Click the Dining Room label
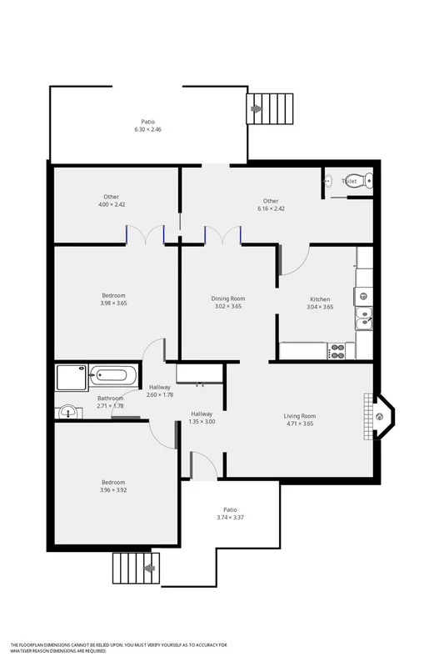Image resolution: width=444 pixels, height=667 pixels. (x=227, y=298)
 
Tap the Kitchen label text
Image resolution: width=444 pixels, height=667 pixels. (x=320, y=298)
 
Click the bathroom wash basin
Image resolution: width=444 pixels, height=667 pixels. (x=67, y=411)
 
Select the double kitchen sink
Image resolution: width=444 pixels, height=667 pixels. (x=363, y=317)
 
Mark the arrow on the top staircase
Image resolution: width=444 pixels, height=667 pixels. (x=257, y=108)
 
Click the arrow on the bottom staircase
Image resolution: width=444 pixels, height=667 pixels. (x=149, y=569)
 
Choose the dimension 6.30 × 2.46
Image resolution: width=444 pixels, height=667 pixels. (x=147, y=130)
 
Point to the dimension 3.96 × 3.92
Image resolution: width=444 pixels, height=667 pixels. (x=113, y=490)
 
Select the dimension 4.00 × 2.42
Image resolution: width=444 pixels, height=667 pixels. (x=111, y=204)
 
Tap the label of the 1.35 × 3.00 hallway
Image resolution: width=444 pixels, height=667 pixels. (x=202, y=414)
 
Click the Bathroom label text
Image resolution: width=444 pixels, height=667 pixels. (x=110, y=398)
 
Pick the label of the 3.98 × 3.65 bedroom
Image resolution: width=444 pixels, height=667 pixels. (x=113, y=295)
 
